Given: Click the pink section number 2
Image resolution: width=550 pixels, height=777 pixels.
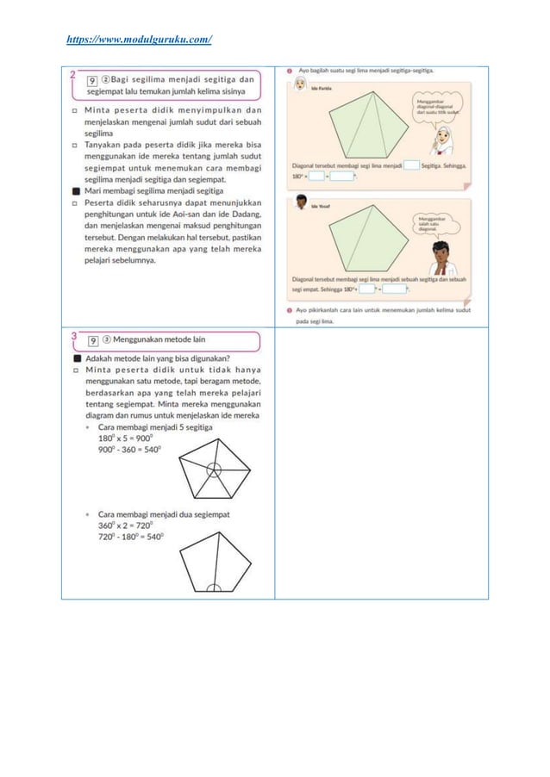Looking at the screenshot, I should pos(75,75).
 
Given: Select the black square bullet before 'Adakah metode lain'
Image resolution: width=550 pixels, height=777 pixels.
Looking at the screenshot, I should pos(77,357).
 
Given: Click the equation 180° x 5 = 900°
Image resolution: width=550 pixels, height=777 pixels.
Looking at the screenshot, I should pos(128,438).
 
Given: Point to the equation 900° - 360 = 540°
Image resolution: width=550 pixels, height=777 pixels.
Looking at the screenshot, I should pos(130,449).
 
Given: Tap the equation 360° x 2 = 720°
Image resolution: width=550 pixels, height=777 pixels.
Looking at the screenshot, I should pos(128,524).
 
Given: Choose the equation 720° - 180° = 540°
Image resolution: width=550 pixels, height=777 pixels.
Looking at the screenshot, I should pos(130,535).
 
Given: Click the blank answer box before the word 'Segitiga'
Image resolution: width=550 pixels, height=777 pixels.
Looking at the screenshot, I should pos(412,164).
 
